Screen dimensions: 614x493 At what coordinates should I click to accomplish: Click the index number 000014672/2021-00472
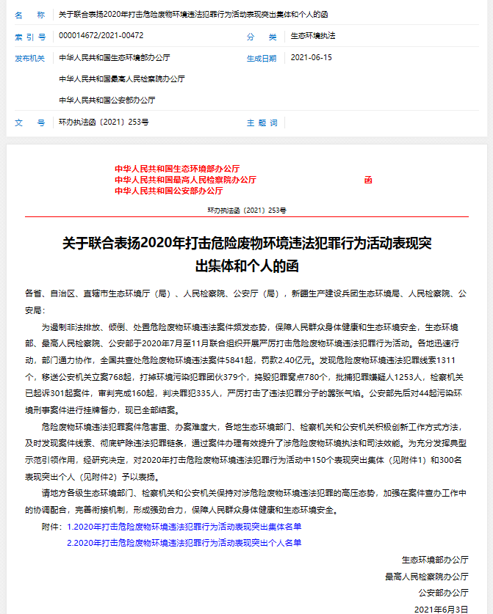coord(101,36)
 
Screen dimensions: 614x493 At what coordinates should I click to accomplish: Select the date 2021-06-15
coord(312,57)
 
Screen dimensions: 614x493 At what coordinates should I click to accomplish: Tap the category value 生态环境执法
coord(314,36)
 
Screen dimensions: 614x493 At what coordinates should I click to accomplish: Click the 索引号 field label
coord(30,36)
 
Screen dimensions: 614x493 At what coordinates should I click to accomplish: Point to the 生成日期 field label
coord(262,58)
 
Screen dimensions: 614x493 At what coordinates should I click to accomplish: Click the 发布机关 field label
coord(30,58)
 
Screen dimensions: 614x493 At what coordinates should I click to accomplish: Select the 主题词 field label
coord(262,123)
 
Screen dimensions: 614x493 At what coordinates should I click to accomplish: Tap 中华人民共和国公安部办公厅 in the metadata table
coord(107,100)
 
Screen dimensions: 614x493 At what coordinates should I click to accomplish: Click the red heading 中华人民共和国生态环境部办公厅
coord(177,169)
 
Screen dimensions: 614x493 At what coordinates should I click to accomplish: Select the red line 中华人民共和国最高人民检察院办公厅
coord(186,180)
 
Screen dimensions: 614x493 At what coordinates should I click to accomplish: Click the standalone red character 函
coord(368,180)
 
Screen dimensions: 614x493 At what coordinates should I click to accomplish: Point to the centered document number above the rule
coord(247,210)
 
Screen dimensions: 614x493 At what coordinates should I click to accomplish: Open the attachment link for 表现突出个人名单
coord(184,543)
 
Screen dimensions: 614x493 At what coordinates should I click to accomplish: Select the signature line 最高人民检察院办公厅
coord(427,577)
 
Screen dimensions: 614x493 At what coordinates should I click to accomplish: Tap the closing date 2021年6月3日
coord(441,609)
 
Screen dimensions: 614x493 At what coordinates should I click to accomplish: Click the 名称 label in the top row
coord(30,15)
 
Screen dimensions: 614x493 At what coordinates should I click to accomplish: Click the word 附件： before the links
coord(51,526)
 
